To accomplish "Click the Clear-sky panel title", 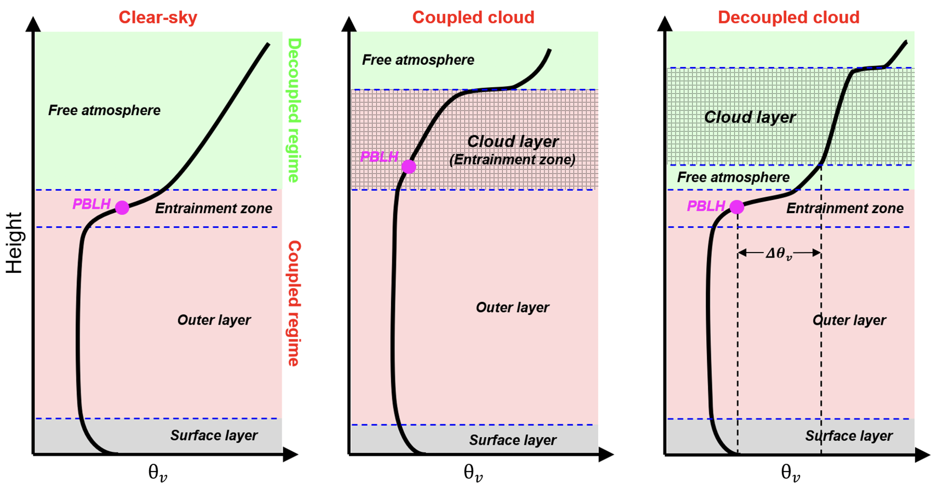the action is point(158,17).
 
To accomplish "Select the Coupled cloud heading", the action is point(473,17).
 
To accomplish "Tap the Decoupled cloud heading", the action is point(789,17).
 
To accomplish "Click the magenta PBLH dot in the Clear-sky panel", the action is point(122,208).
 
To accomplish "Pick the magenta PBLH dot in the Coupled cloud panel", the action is point(409,167).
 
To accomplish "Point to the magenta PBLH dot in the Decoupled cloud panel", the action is point(737,207).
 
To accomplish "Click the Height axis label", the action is point(15,243).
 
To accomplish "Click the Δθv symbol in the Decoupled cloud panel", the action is point(779,253).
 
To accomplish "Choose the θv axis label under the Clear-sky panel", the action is point(158,472).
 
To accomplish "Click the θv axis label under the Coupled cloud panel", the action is point(473,472).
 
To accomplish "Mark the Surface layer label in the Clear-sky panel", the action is point(214,435).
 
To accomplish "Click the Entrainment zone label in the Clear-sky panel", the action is point(214,208).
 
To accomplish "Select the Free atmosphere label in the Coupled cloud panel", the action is point(418,60).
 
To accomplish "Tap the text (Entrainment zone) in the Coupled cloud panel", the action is point(512,160).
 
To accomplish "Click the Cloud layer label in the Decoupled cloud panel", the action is point(750,117).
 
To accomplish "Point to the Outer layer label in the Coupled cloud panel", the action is point(512,307).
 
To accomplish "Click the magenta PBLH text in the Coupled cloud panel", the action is point(379,157).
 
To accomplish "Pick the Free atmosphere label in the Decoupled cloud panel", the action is point(733,177).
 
